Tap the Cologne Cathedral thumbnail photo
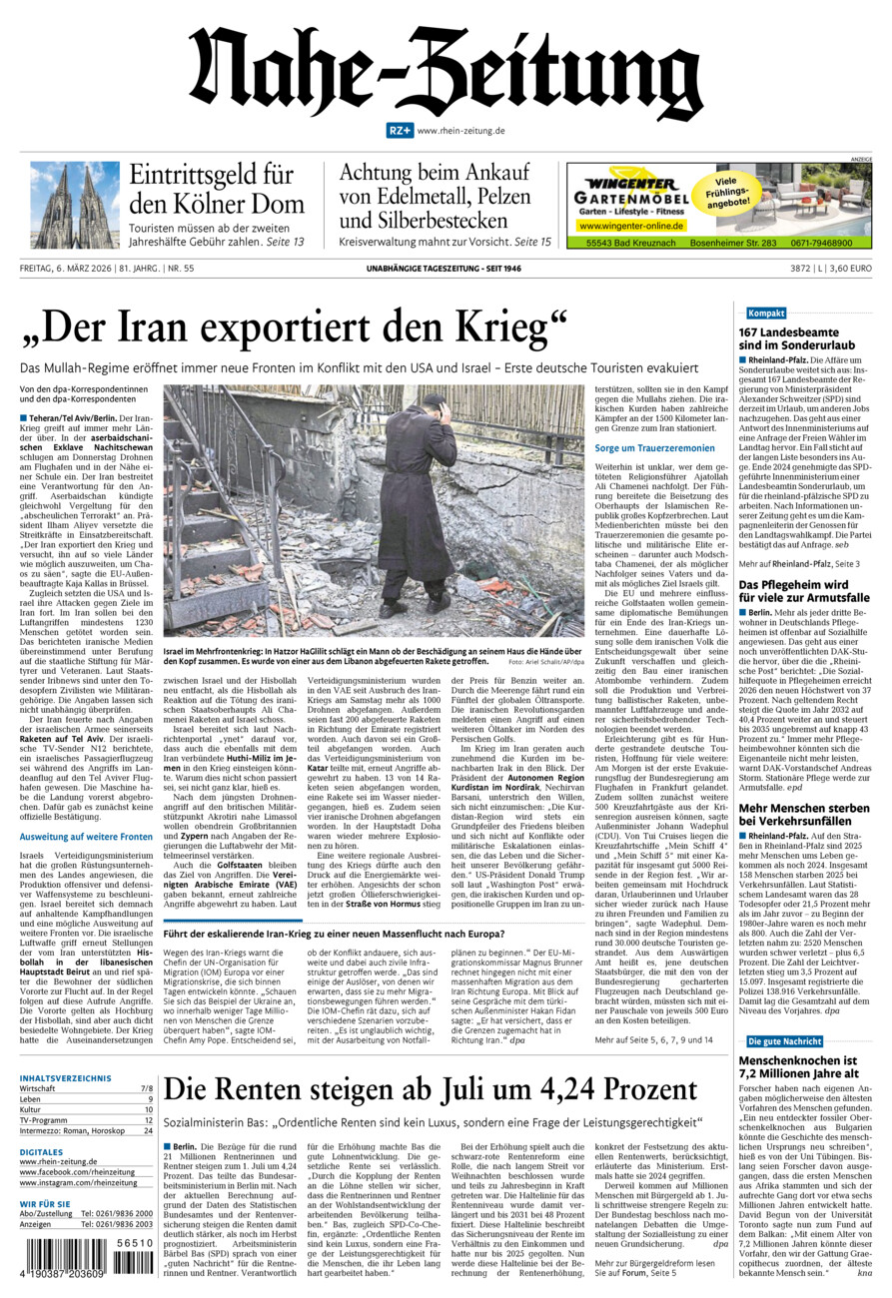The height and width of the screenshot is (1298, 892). pos(74,205)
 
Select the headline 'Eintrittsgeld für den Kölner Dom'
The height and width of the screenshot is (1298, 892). pos(216,189)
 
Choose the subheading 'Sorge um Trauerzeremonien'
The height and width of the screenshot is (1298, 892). pos(654,448)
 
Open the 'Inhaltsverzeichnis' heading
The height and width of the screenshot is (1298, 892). pos(65,1078)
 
